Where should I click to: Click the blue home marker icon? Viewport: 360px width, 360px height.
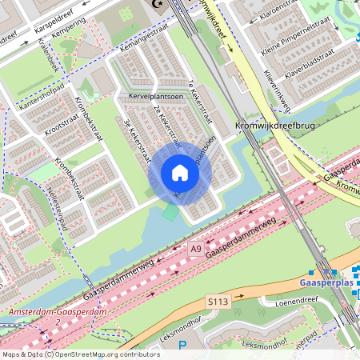[x=179, y=173]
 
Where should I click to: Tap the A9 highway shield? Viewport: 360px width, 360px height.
[x=196, y=250]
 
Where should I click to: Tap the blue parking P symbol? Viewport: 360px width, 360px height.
[x=182, y=346]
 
